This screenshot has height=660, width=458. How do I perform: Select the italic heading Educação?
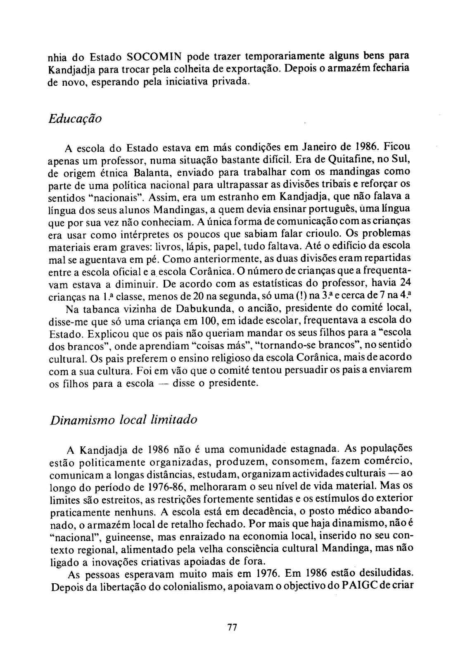[x=75, y=119]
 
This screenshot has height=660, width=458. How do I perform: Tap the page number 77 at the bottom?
[x=232, y=627]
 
